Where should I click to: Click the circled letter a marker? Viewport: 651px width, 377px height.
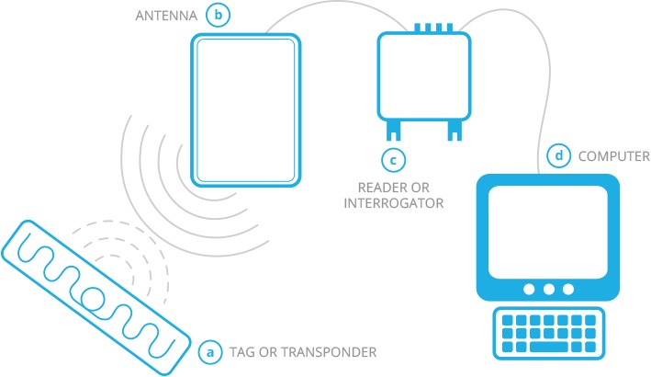pos(210,351)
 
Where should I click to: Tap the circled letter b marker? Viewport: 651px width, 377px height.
pos(218,15)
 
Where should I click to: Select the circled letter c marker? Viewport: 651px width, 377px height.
pos(394,160)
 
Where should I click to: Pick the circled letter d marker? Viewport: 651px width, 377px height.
pos(557,155)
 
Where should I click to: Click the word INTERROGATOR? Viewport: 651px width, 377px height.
pos(393,204)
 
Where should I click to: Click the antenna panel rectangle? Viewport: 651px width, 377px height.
pos(245,109)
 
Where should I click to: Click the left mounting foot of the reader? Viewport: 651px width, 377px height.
pos(393,131)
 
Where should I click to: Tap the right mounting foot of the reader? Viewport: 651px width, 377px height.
pos(454,131)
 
